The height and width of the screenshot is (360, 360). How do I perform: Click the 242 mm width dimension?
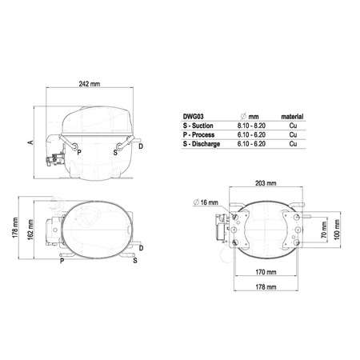[x=90, y=84]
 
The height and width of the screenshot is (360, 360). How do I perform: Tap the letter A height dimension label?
[x=31, y=142]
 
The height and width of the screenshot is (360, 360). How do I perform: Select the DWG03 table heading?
[x=194, y=117]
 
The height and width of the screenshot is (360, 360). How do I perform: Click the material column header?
[x=292, y=117]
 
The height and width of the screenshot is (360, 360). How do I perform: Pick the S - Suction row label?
[x=198, y=126]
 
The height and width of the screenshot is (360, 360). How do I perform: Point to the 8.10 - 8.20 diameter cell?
[x=251, y=126]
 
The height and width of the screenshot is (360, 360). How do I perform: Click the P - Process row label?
[x=198, y=134]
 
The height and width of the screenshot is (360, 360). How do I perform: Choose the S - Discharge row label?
[x=202, y=144]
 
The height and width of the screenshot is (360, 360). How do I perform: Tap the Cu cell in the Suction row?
[x=293, y=126]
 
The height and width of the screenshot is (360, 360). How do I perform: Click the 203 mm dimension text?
[x=266, y=183]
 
